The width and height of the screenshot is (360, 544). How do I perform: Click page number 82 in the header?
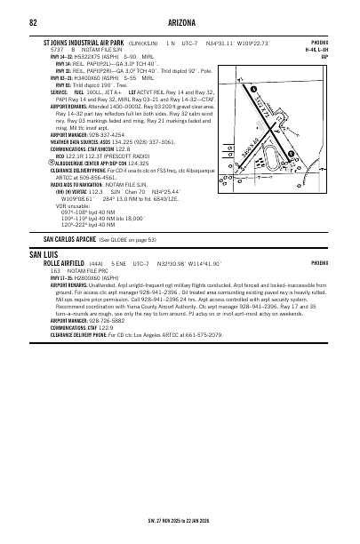click(x=33, y=22)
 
